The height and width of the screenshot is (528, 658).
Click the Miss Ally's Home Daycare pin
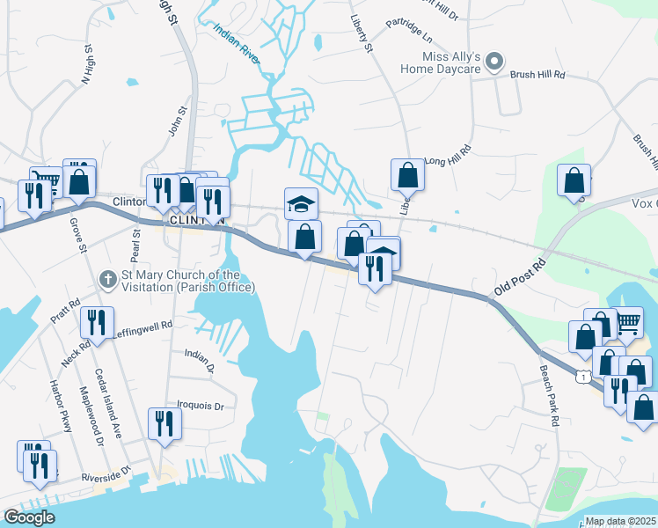(494, 62)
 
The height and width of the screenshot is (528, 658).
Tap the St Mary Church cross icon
(108, 279)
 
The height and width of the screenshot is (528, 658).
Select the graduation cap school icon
(301, 203)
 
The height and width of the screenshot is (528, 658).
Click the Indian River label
(237, 41)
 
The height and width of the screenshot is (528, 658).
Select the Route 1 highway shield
(582, 377)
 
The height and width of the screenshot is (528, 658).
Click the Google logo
(29, 517)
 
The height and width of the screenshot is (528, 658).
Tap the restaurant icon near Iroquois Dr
(164, 424)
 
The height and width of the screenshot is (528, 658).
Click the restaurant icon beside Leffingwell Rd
(97, 322)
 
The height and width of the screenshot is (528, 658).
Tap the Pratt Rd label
(66, 311)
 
